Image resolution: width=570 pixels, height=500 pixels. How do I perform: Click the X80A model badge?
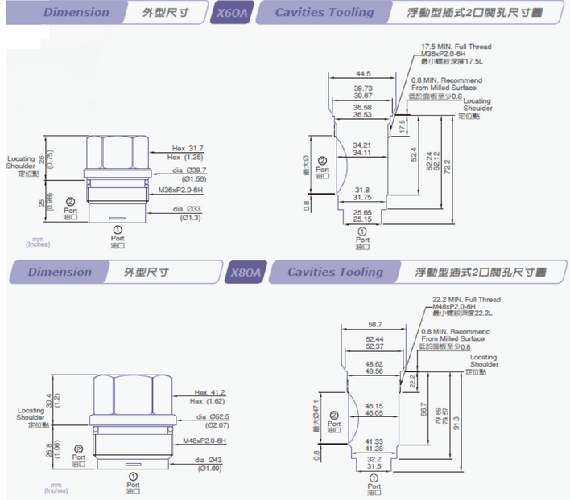[246, 273]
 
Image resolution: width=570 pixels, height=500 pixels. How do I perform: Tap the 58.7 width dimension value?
[374, 324]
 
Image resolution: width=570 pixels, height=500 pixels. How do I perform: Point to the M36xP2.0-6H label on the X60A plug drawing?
[180, 190]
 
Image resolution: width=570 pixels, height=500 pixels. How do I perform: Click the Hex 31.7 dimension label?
[188, 149]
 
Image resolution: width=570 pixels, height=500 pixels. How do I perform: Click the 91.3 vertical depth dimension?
[456, 419]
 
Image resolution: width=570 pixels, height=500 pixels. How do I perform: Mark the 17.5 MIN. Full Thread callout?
[456, 47]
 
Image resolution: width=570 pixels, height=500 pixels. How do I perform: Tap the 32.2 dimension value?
[374, 459]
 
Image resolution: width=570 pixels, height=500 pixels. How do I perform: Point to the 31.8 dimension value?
[361, 190]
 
